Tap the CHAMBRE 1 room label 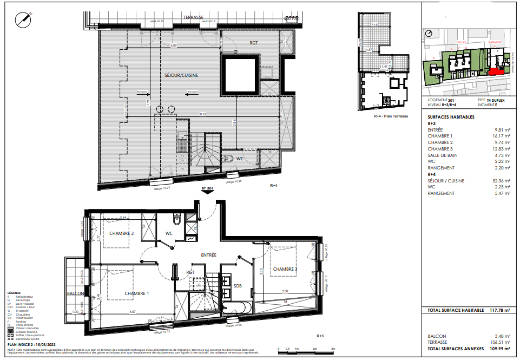(136, 293)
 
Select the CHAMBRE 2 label (121, 234)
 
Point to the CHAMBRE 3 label (285, 269)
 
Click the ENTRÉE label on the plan (208, 254)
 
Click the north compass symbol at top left (24, 18)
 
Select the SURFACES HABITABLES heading (451, 117)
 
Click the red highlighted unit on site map (495, 71)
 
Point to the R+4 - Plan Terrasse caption (391, 116)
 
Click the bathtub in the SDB (236, 309)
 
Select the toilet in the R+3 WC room (177, 220)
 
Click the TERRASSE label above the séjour (193, 17)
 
